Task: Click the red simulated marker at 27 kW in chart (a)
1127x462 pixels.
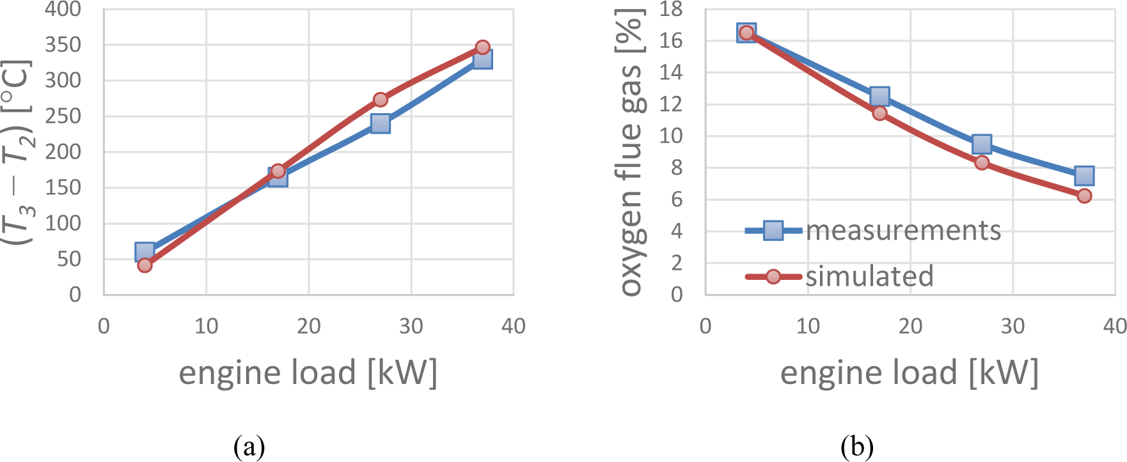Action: click(x=381, y=100)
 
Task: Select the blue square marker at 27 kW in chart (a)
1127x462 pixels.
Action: click(x=381, y=123)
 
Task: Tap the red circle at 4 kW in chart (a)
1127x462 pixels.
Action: click(x=145, y=265)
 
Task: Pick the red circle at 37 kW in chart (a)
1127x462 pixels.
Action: click(x=483, y=47)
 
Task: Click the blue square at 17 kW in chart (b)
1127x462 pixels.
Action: click(x=879, y=96)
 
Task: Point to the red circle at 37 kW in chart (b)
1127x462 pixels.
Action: click(x=1084, y=196)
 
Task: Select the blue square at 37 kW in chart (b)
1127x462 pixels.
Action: click(x=1084, y=175)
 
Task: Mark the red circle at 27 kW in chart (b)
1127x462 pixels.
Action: click(x=982, y=162)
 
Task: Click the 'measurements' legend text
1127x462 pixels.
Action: click(x=903, y=231)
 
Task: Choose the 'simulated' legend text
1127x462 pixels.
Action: click(x=869, y=276)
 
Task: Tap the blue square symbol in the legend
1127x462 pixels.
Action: click(x=773, y=231)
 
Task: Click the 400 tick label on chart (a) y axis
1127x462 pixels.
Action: click(x=63, y=9)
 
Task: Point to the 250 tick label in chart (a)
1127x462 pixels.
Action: click(x=63, y=116)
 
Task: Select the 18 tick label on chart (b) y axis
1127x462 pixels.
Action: click(x=672, y=9)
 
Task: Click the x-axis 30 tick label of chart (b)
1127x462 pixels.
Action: click(x=1013, y=327)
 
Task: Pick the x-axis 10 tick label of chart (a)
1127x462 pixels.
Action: click(x=206, y=327)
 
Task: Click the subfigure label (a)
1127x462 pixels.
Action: click(x=249, y=447)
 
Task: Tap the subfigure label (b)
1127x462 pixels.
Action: click(x=857, y=447)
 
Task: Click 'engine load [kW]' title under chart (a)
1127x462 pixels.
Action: click(x=308, y=373)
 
